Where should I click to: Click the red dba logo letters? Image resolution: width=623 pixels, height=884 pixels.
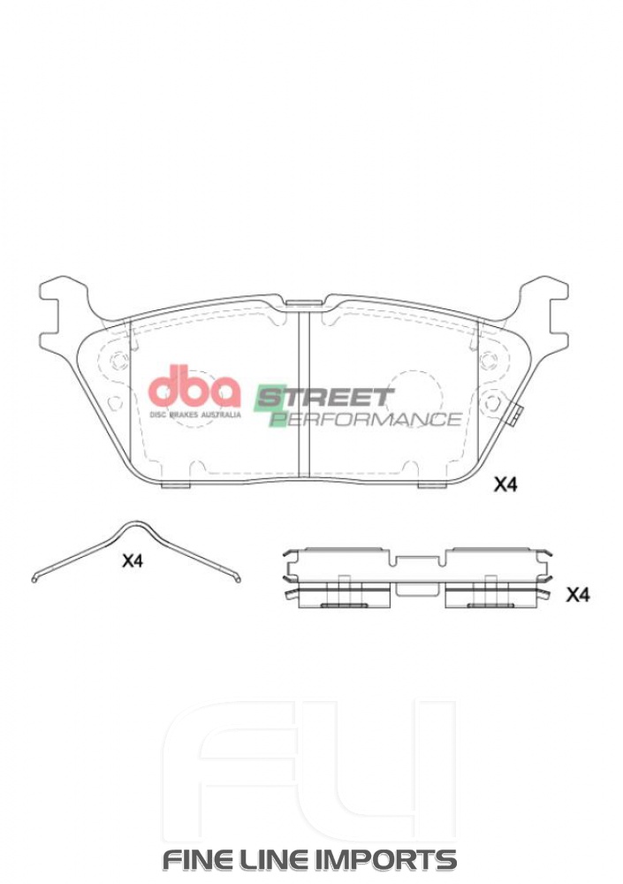pyautogui.click(x=194, y=387)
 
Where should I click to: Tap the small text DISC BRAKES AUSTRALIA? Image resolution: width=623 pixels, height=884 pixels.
pyautogui.click(x=194, y=413)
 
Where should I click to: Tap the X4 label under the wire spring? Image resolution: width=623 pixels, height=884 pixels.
pyautogui.click(x=132, y=560)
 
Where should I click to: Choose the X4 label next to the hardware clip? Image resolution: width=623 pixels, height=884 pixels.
pyautogui.click(x=577, y=595)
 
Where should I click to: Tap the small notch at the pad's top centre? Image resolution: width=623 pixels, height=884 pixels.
pyautogui.click(x=303, y=304)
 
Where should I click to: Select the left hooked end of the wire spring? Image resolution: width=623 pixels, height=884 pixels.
pyautogui.click(x=35, y=579)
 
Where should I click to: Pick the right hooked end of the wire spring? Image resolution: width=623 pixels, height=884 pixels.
pyautogui.click(x=238, y=579)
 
